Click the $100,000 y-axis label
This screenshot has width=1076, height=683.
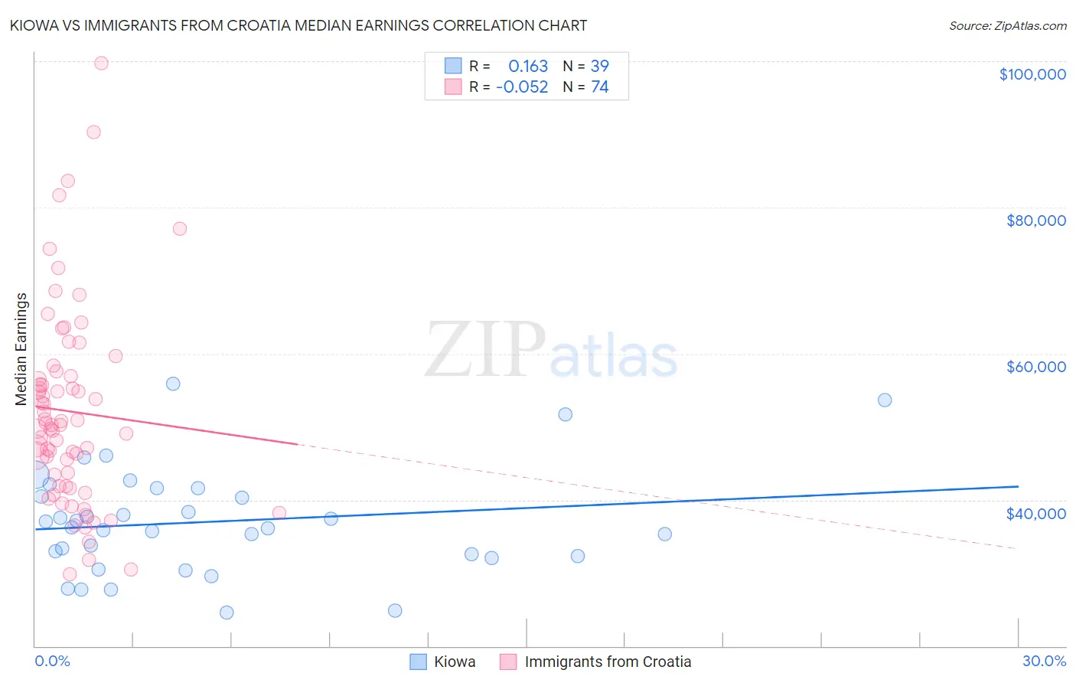click(x=1032, y=74)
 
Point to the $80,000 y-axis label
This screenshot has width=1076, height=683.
click(x=1035, y=221)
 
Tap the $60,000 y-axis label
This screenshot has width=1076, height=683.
click(x=1035, y=367)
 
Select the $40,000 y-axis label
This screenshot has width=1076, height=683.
click(x=1035, y=513)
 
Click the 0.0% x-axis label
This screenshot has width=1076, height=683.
click(x=52, y=661)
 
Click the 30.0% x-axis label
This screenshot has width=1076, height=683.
click(x=1044, y=661)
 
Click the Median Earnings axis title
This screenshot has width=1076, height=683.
click(x=21, y=348)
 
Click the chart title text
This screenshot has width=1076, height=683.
click(x=298, y=25)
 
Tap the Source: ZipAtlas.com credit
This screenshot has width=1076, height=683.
click(x=1007, y=25)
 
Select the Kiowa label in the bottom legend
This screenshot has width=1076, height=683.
click(x=455, y=662)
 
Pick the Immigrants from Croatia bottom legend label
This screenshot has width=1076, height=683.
click(x=608, y=662)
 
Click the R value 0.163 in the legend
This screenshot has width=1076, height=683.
click(x=528, y=66)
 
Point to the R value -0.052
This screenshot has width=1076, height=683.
click(x=522, y=87)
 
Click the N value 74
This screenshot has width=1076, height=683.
click(x=600, y=87)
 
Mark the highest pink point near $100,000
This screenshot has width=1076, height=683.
click(x=101, y=64)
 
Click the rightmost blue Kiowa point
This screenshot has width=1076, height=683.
click(x=885, y=400)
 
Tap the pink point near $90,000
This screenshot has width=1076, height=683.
click(x=93, y=132)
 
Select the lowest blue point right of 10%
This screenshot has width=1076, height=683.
click(x=395, y=610)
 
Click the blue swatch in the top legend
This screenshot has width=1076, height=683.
click(x=453, y=66)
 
